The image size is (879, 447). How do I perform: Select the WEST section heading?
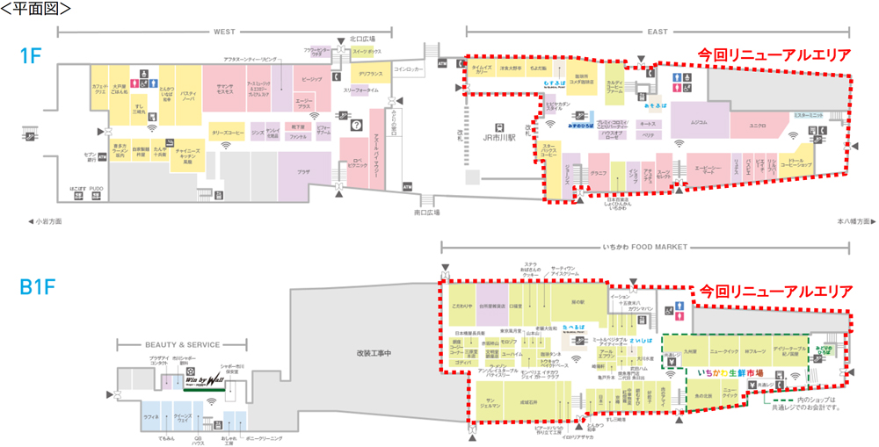pyautogui.click(x=223, y=32)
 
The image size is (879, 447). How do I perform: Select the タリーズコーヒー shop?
pyautogui.click(x=227, y=133)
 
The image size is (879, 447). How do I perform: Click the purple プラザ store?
pyautogui.click(x=303, y=172)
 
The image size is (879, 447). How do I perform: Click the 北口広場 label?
pyautogui.click(x=362, y=39)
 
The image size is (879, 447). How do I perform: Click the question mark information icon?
pyautogui.click(x=355, y=126)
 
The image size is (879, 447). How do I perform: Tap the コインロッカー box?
pyautogui.click(x=409, y=68)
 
